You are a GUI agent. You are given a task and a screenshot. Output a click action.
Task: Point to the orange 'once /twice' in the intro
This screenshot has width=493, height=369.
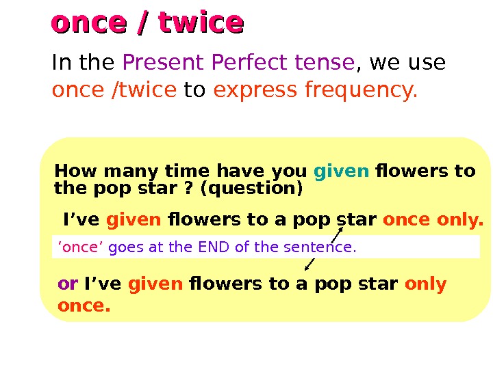point(114,90)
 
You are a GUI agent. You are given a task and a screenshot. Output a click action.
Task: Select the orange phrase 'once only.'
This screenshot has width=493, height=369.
point(433,220)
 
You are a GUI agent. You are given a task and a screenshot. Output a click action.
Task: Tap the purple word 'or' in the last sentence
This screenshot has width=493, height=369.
point(67,284)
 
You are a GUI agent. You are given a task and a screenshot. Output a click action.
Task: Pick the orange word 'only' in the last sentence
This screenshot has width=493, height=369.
point(426,284)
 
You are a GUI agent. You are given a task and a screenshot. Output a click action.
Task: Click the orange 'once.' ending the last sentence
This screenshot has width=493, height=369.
point(84,307)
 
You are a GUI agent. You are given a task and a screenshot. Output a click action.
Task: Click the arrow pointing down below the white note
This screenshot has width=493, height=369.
point(309,264)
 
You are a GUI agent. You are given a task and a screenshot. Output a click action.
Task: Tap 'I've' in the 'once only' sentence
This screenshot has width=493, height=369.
point(81,220)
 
